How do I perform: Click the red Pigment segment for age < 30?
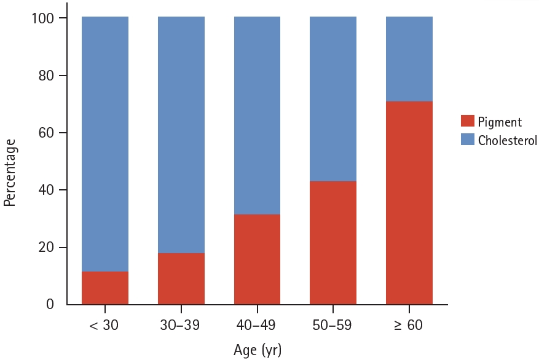pos(105,288)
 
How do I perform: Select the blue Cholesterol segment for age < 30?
pos(105,144)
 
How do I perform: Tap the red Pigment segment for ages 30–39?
pos(181,278)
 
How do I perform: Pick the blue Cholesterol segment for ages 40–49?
pos(257,115)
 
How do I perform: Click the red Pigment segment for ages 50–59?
pos(333,243)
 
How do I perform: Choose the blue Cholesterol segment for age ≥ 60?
pos(409,59)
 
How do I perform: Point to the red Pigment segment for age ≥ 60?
pos(409,203)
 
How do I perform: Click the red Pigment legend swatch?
pos(468,122)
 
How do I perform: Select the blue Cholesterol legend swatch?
pos(468,139)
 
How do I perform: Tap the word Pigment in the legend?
pos(500,122)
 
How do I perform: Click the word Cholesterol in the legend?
pos(508,140)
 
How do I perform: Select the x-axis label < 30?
pos(105,325)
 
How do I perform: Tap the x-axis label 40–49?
pos(257,325)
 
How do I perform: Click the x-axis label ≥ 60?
pos(409,325)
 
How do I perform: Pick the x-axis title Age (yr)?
pos(257,350)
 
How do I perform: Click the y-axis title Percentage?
pos(10,173)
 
